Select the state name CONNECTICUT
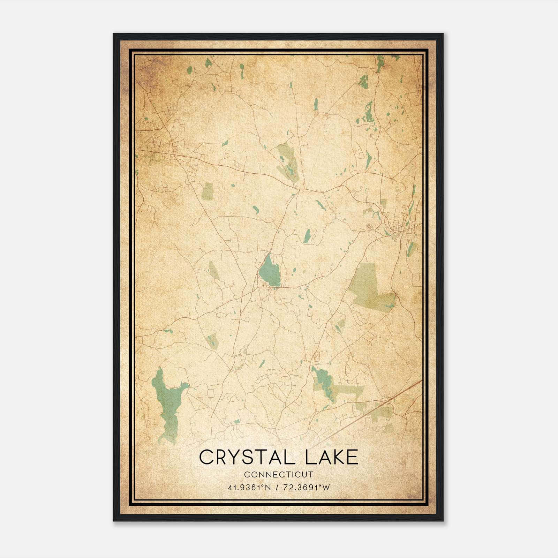tap(279, 475)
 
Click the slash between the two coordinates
tap(277, 488)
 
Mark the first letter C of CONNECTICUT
tap(247, 475)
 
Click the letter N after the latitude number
tap(268, 488)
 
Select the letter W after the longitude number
tap(326, 488)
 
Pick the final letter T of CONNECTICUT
tap(311, 475)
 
